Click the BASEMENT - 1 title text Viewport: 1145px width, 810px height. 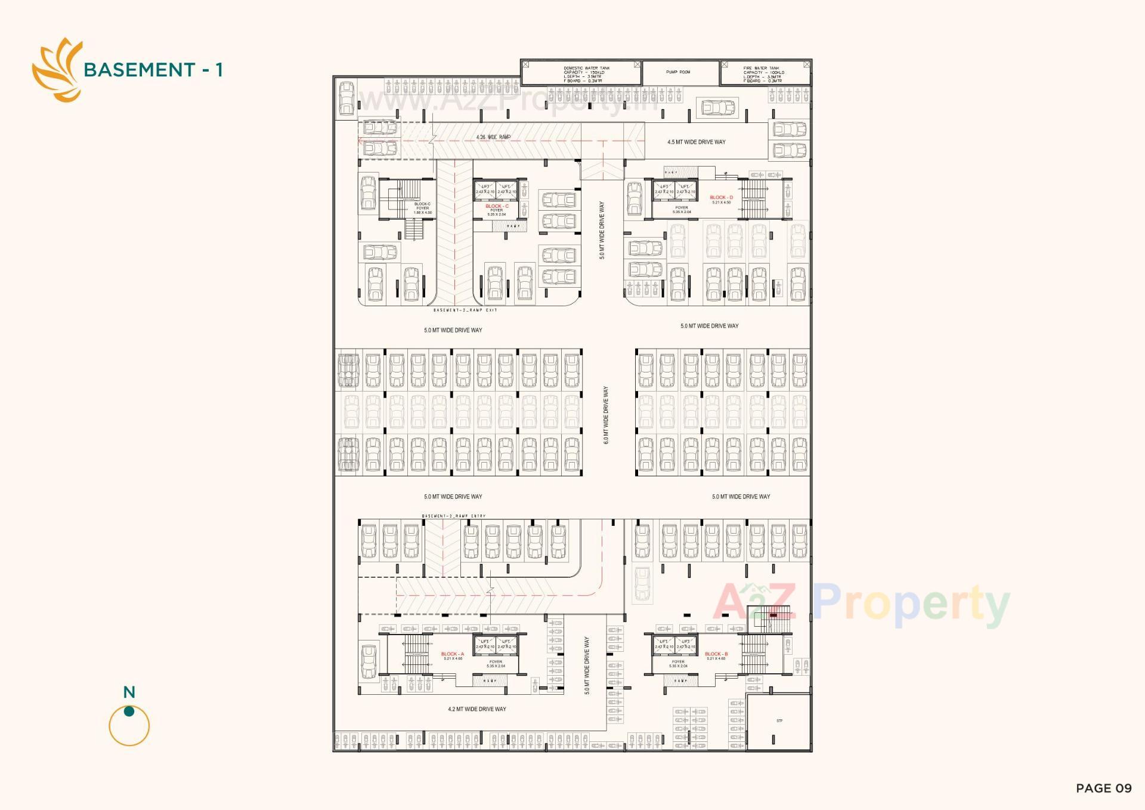point(153,70)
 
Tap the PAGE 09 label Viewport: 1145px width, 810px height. point(1103,788)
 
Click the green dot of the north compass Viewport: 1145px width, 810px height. point(129,711)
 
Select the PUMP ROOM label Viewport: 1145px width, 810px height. point(678,72)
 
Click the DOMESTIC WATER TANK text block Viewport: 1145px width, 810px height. point(586,74)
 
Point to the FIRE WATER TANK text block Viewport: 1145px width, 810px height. point(763,74)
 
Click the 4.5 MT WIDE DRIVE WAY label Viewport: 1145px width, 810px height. point(696,142)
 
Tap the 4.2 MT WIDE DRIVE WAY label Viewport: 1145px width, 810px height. point(476,709)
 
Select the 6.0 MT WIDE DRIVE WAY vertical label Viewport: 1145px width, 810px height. point(606,415)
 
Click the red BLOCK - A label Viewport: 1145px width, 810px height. point(452,654)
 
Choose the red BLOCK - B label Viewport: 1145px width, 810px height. point(716,654)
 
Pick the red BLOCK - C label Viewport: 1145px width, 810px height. point(497,206)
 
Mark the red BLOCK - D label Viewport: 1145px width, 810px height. point(721,197)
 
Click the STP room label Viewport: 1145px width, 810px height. point(779,721)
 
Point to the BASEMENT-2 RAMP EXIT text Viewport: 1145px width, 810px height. point(465,310)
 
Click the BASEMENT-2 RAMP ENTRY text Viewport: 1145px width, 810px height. point(453,516)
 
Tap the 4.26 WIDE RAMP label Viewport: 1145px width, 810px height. point(493,137)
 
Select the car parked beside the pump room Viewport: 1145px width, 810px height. point(718,108)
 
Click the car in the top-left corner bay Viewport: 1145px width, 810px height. point(346,98)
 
